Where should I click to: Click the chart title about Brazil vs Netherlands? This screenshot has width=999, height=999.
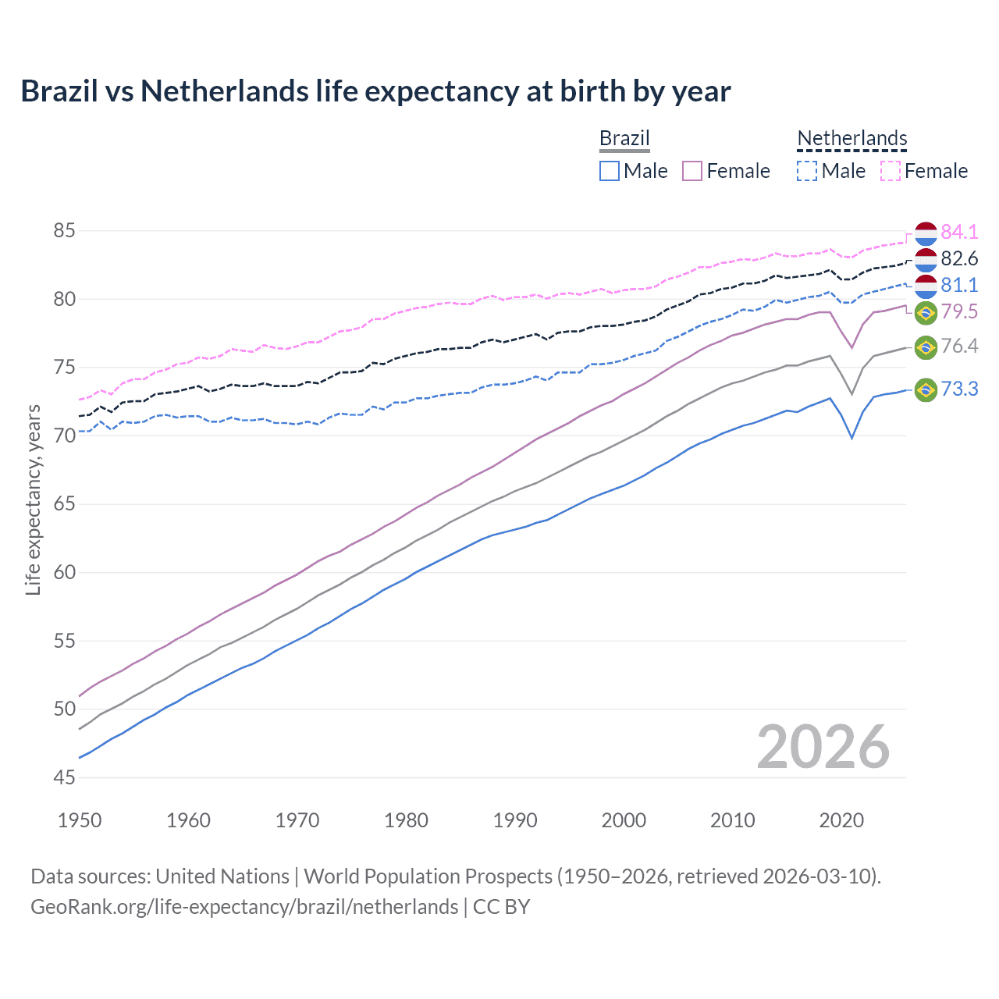(375, 91)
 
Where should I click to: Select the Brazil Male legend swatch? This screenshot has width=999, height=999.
(610, 171)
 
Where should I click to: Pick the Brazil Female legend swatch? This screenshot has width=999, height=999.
(692, 171)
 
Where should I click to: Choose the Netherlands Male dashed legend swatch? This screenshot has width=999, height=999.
(807, 171)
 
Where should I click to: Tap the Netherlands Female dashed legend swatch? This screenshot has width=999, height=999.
(891, 171)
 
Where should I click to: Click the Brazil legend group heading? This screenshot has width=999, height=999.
(624, 138)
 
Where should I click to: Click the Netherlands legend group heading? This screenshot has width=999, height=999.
(851, 138)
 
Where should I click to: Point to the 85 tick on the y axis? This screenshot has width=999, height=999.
(64, 231)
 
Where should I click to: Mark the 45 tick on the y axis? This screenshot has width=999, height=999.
(64, 777)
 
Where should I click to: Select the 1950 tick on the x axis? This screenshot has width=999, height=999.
(80, 820)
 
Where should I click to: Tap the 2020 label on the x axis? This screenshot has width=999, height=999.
(841, 820)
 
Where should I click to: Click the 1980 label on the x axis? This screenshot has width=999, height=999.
(406, 820)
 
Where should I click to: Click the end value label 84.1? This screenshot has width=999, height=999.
(959, 232)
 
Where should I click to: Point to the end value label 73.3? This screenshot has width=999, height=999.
(959, 389)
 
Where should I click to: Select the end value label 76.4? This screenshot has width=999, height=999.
(959, 346)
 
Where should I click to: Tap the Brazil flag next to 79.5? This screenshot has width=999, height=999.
(926, 312)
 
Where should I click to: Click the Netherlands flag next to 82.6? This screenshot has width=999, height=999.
(926, 259)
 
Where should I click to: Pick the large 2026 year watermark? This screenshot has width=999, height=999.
(823, 747)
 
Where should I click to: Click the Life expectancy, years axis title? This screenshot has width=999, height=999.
(33, 499)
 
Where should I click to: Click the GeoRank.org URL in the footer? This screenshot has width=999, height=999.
(244, 907)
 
